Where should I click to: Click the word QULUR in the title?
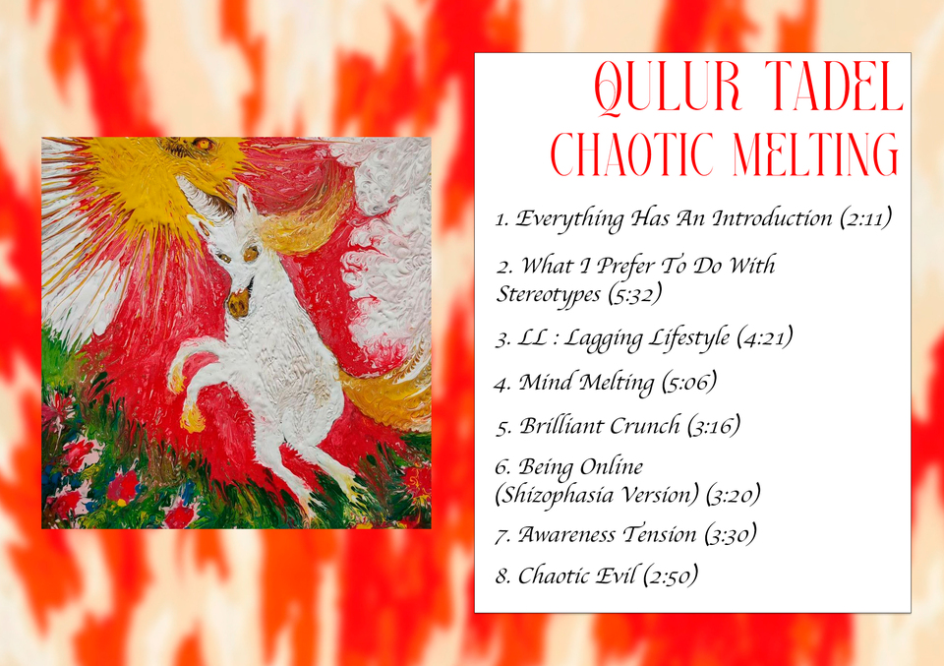point(668,88)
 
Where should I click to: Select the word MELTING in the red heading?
point(816,153)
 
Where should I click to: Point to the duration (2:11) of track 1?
point(865,218)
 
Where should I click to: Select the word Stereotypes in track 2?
point(549,294)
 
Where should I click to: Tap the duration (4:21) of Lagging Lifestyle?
point(765,337)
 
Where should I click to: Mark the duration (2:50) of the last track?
point(670,576)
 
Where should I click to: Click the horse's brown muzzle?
point(239,302)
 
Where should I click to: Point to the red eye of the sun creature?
point(203,144)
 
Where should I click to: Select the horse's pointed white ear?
point(243,201)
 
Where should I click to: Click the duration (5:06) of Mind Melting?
point(688,383)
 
